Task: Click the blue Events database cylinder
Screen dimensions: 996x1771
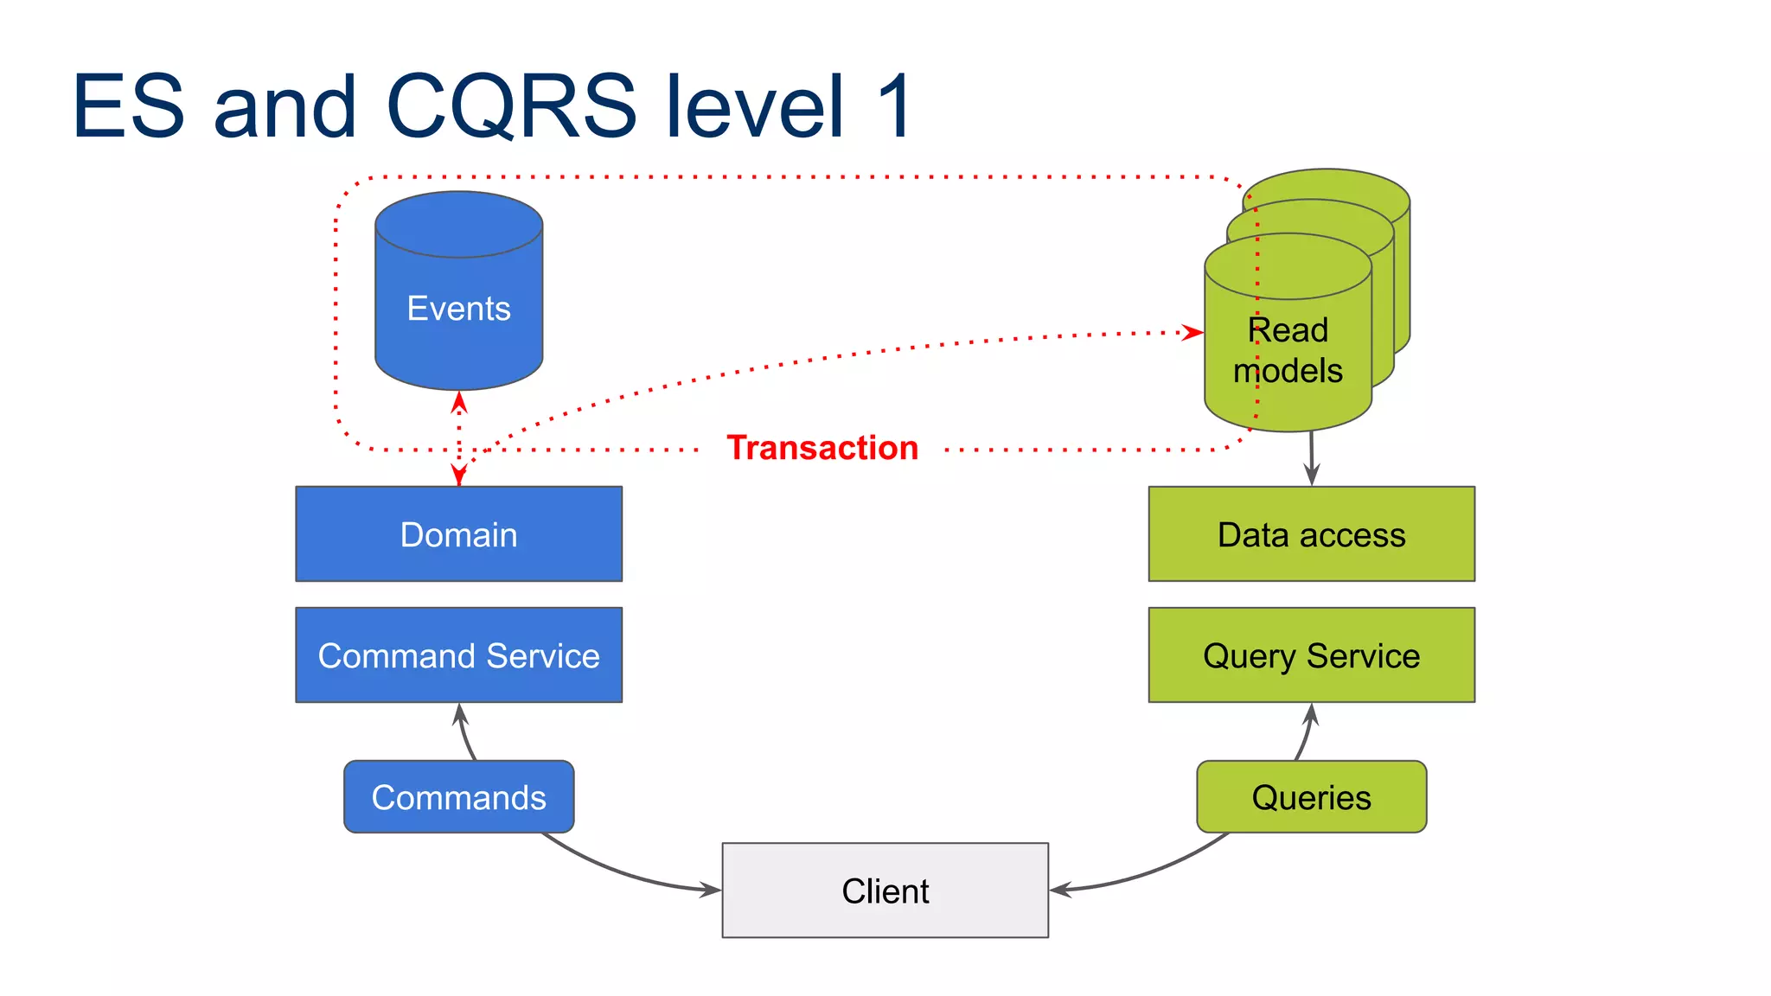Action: click(458, 294)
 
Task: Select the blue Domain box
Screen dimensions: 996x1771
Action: click(458, 534)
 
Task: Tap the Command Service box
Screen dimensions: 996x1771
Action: click(458, 655)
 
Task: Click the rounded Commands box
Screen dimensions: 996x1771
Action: click(458, 797)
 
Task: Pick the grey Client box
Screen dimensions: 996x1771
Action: click(885, 891)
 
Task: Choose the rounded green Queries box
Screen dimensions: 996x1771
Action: click(1311, 797)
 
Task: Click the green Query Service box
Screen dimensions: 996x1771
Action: click(1311, 655)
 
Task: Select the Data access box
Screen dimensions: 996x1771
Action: click(1311, 534)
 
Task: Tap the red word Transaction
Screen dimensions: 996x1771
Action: click(822, 448)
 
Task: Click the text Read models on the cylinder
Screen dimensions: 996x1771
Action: click(1288, 350)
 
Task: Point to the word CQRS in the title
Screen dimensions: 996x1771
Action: click(511, 105)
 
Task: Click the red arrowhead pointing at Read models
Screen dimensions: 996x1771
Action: click(1193, 332)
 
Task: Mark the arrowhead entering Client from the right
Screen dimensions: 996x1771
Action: click(1061, 890)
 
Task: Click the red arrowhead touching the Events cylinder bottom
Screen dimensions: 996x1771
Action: click(459, 402)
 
